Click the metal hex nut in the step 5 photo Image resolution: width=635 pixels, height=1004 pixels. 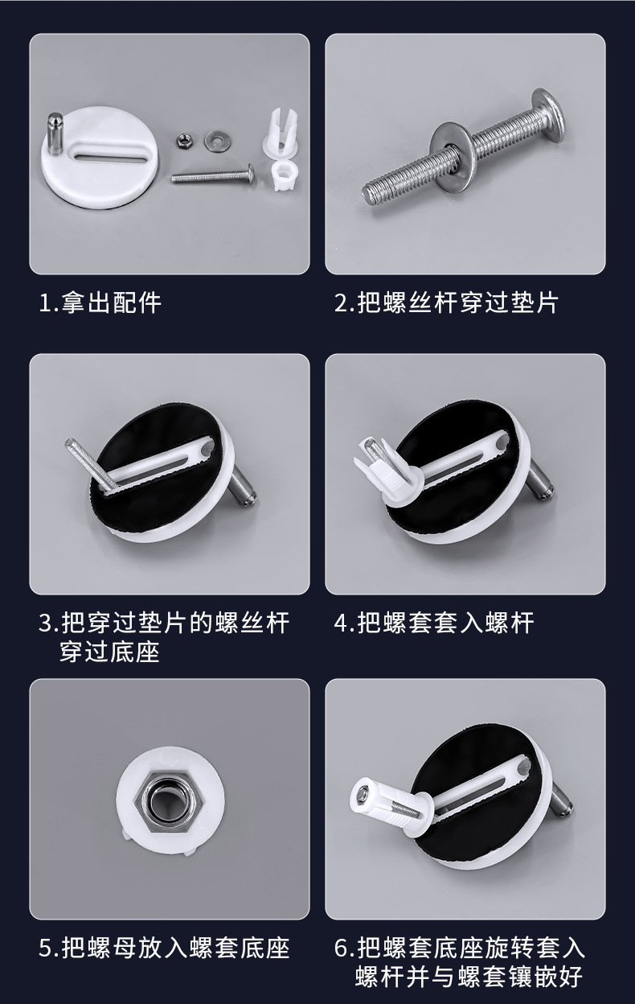[169, 803]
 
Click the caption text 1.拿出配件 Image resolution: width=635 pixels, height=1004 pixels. [100, 303]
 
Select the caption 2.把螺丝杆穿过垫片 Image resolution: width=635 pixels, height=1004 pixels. [445, 303]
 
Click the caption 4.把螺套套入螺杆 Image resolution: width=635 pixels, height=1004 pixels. [434, 623]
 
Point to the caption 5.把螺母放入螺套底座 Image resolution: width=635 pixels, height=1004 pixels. [164, 947]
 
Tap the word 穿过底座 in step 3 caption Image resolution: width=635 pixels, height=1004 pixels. [109, 652]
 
